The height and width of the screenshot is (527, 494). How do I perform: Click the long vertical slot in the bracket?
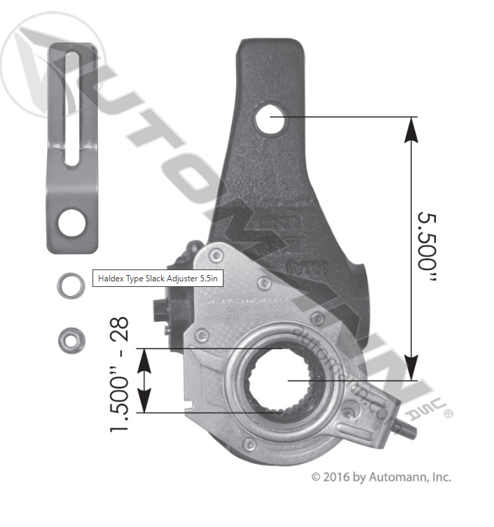(x=72, y=106)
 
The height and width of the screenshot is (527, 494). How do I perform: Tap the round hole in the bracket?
(x=71, y=223)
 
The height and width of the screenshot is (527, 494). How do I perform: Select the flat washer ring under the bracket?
(x=69, y=285)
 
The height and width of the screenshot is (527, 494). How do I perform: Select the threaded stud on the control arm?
(x=404, y=427)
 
